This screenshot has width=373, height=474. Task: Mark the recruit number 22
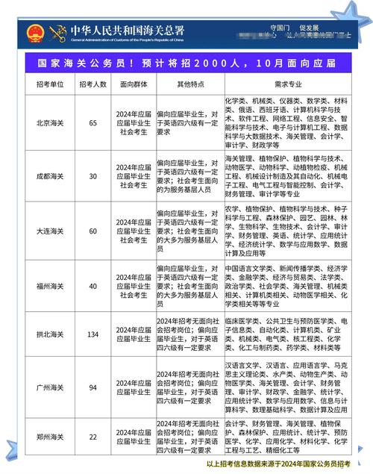point(93,436)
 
